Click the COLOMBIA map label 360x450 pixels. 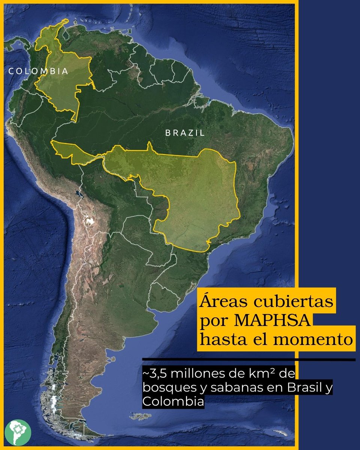pyautogui.click(x=39, y=71)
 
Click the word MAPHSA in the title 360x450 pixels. pyautogui.click(x=268, y=321)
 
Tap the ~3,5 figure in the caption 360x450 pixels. pyautogui.click(x=153, y=375)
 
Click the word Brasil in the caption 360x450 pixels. pyautogui.click(x=300, y=388)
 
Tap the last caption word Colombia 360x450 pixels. pyautogui.click(x=173, y=401)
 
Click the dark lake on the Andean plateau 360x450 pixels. pyautogui.click(x=78, y=194)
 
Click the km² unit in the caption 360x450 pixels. pyautogui.click(x=271, y=375)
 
